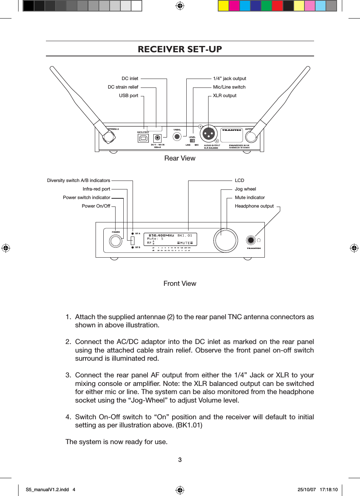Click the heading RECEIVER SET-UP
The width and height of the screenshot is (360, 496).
point(180,49)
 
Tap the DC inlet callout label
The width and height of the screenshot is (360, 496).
point(130,79)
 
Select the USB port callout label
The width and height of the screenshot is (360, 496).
point(128,96)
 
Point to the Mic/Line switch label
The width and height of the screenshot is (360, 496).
point(229,87)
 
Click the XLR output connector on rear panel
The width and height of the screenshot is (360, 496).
point(209,134)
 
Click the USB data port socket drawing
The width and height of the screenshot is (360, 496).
point(143,139)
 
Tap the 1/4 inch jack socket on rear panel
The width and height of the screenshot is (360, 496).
point(177,137)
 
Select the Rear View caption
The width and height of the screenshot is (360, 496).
point(180,158)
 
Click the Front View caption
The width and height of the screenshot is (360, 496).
point(180,284)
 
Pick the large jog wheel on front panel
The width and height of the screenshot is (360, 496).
point(226,240)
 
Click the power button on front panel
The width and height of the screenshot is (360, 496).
point(116,241)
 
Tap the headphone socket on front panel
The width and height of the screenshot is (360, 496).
point(251,240)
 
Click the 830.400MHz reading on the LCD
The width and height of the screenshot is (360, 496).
point(161,235)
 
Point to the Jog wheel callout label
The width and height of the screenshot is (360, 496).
point(245,189)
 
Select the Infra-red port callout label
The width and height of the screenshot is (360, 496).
point(96,189)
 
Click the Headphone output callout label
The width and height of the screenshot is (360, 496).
point(254,206)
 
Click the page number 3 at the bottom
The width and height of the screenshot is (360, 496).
point(180,460)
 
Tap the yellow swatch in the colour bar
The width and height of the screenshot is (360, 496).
point(223,6)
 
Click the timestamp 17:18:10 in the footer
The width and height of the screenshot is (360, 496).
point(329,490)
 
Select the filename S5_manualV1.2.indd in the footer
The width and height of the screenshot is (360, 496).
point(47,490)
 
